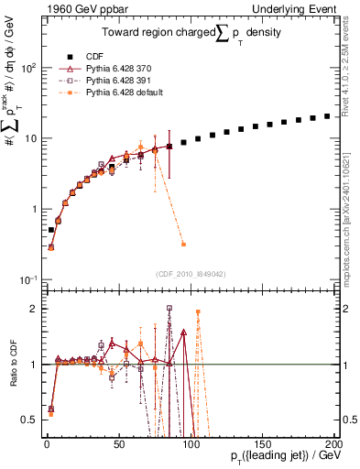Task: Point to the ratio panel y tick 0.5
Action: pos(32,420)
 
